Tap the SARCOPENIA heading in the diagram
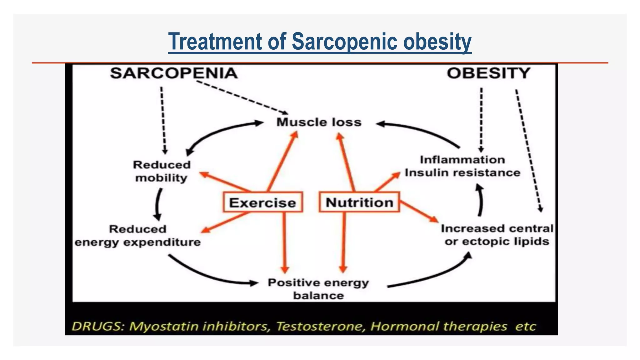coord(174,73)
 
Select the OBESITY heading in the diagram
coord(488,73)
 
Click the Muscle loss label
coord(319,122)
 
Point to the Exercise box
coord(262,202)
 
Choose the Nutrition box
coord(359,202)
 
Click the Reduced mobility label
coord(162,171)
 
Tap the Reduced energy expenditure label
coord(137,236)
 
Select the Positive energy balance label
coord(318,289)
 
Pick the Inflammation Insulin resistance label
coord(462,166)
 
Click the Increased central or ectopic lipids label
coord(497,235)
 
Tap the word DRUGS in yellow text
coord(98,327)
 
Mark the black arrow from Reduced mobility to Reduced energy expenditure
coord(158,205)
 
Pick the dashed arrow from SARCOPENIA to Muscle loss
coord(242,97)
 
